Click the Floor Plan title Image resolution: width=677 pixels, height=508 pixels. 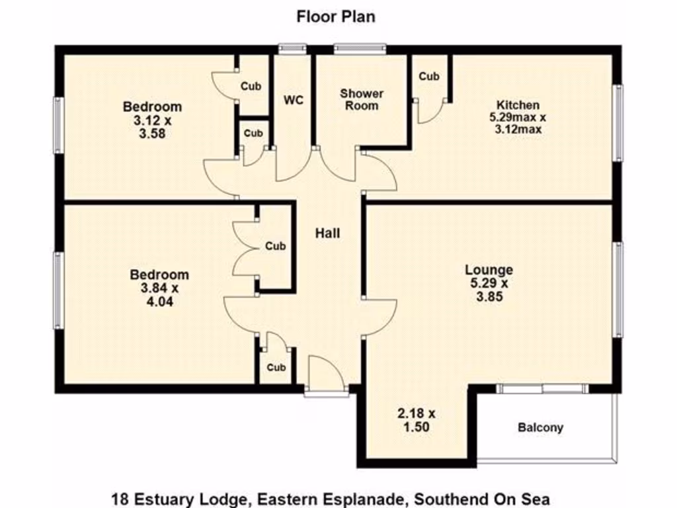pos(336,17)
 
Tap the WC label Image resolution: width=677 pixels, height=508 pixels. pos(294,101)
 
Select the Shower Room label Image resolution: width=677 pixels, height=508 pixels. pos(362,99)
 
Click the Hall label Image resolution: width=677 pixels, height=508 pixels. pos(328,233)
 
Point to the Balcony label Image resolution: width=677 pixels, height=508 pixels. pos(541,428)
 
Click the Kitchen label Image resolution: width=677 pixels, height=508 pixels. pos(518,105)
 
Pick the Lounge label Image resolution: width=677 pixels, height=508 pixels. pos(489,270)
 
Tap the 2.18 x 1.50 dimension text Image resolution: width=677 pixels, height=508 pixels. pos(417,420)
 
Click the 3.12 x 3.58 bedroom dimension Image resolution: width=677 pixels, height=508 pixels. pos(153,126)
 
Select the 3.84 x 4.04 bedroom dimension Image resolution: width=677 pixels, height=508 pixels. pos(159,294)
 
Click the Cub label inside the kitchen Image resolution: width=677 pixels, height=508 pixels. pos(429,77)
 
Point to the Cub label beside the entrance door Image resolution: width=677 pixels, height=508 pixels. pos(276,368)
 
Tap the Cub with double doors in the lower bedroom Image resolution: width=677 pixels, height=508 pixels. pos(276,246)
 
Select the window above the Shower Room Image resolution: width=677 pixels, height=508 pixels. pos(360,48)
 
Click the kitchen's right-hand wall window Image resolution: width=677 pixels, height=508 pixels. pos(618,123)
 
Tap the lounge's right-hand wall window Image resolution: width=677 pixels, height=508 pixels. pos(618,290)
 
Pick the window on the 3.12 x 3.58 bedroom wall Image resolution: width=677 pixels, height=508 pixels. pos(59,125)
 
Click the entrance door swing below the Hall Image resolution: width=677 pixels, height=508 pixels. pos(327,372)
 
